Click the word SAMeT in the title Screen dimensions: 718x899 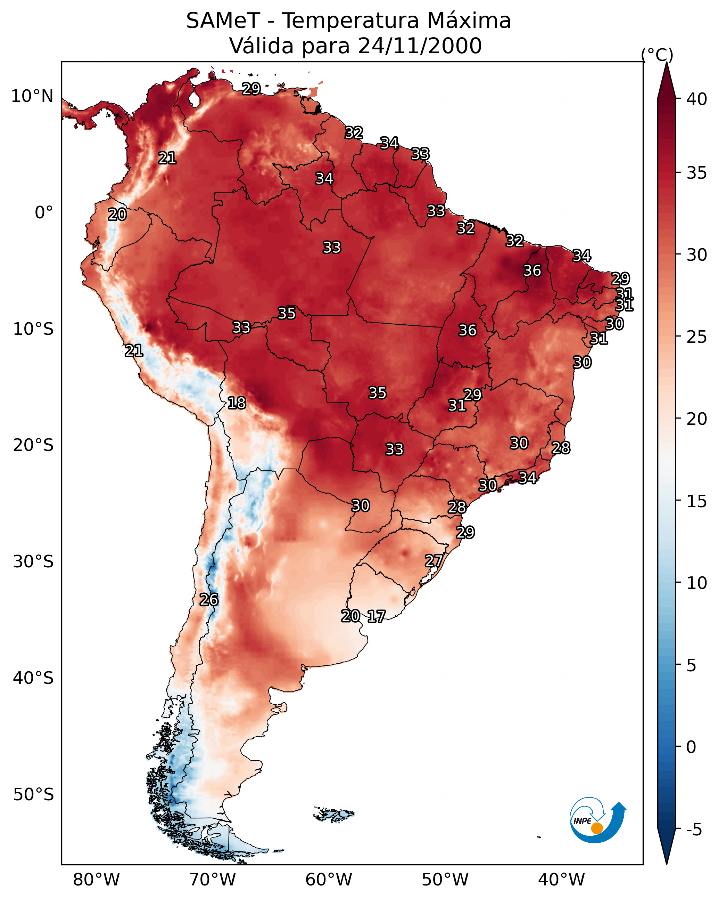click(x=223, y=21)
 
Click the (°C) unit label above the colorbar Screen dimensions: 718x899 click(x=657, y=55)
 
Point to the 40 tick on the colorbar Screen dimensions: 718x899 click(x=697, y=99)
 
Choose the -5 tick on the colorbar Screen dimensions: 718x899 click(x=694, y=830)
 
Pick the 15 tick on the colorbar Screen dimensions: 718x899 click(x=697, y=501)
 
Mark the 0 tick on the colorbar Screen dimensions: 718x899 click(x=691, y=747)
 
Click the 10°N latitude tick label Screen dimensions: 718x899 click(x=32, y=96)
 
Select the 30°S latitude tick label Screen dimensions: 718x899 click(x=33, y=562)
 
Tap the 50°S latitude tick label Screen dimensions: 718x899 click(x=33, y=795)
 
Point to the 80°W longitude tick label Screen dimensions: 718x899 click(x=96, y=880)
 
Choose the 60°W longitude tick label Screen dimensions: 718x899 click(x=329, y=880)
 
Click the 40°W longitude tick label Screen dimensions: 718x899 click(x=561, y=880)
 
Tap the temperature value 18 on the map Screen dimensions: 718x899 click(x=237, y=403)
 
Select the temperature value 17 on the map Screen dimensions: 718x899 click(x=376, y=617)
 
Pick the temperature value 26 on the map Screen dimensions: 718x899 click(x=209, y=600)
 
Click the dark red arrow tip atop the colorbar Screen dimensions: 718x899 click(x=666, y=63)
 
